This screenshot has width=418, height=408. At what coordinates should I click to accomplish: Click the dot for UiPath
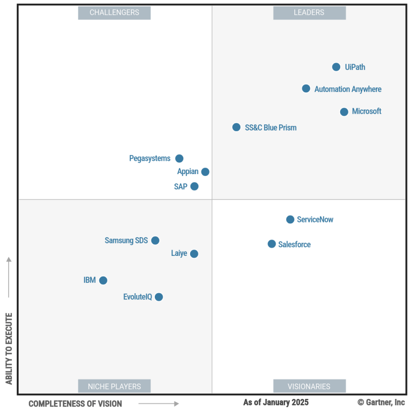pyautogui.click(x=336, y=67)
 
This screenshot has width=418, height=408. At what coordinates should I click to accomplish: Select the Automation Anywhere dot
pyautogui.click(x=306, y=88)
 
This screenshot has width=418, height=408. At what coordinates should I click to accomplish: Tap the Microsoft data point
pyautogui.click(x=344, y=112)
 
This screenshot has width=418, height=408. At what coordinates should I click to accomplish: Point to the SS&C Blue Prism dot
pyautogui.click(x=236, y=127)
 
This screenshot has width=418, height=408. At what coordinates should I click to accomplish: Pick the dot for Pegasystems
pyautogui.click(x=180, y=158)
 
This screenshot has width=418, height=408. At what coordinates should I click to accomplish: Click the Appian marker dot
pyautogui.click(x=205, y=172)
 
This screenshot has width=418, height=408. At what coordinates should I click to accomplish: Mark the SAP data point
pyautogui.click(x=194, y=186)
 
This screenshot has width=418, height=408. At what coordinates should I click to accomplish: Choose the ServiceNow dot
pyautogui.click(x=290, y=220)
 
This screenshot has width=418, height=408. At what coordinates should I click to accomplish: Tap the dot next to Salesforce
pyautogui.click(x=272, y=244)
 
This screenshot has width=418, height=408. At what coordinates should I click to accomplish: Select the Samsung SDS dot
pyautogui.click(x=155, y=241)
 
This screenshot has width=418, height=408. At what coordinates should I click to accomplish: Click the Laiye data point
pyautogui.click(x=194, y=254)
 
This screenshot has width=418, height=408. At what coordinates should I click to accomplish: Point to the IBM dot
pyautogui.click(x=103, y=280)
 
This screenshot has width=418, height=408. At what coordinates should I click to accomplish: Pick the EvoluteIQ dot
pyautogui.click(x=159, y=297)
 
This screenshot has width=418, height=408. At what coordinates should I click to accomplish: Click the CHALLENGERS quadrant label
pyautogui.click(x=114, y=13)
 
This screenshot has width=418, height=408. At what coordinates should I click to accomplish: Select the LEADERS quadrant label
pyautogui.click(x=310, y=13)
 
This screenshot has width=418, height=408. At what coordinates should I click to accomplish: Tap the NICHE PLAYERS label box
pyautogui.click(x=114, y=386)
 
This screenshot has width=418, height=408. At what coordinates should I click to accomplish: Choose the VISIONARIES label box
pyautogui.click(x=310, y=386)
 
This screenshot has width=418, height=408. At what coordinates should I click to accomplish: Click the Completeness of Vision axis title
pyautogui.click(x=75, y=404)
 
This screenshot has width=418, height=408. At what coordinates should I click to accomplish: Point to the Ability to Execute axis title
pyautogui.click(x=9, y=349)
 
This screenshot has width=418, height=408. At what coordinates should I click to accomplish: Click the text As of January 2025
pyautogui.click(x=276, y=402)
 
